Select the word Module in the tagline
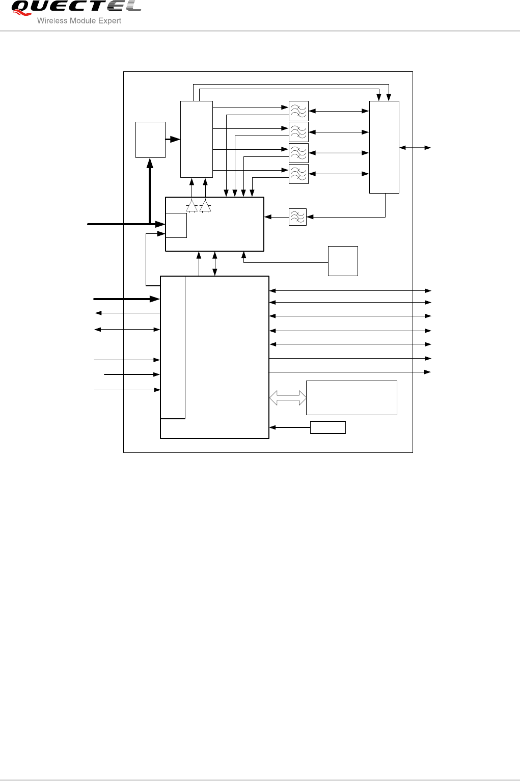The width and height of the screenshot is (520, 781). (x=81, y=21)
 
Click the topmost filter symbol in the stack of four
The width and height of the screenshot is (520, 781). (x=298, y=111)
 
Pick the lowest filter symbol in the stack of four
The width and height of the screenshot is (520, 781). (x=298, y=174)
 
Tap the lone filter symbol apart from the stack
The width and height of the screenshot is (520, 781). (x=297, y=217)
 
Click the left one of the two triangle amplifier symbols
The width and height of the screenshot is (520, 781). (x=191, y=206)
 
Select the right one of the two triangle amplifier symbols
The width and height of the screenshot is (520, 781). (x=205, y=206)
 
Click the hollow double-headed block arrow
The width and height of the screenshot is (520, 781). (x=288, y=398)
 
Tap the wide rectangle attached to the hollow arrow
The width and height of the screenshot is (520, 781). (x=351, y=397)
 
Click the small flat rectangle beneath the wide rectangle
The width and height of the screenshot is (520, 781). (x=328, y=427)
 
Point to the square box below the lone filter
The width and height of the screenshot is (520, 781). (x=343, y=261)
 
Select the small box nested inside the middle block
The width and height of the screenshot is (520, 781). (x=176, y=225)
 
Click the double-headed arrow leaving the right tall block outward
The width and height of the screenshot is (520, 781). (x=415, y=148)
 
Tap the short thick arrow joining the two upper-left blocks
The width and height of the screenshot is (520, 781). (x=173, y=139)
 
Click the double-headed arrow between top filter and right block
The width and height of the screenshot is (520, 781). (x=339, y=111)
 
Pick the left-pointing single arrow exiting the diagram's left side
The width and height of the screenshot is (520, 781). (x=127, y=313)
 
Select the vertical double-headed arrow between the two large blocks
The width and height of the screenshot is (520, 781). (x=215, y=264)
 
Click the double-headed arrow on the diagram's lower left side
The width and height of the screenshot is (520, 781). (x=127, y=330)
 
